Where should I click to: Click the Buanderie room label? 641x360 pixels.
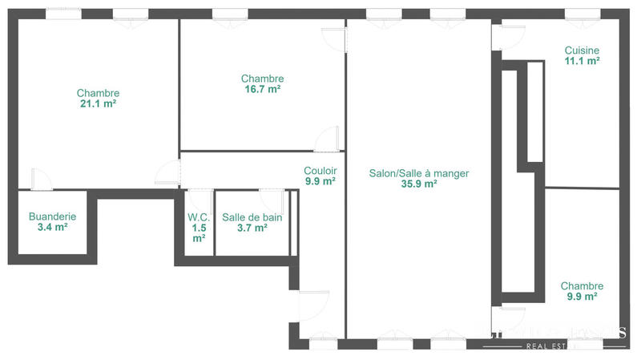coord(52,216)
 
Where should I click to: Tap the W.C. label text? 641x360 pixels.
coord(199,216)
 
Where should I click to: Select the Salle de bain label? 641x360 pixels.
coord(252,216)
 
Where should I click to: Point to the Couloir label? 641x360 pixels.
coord(320,171)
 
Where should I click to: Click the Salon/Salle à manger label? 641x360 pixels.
coord(419,173)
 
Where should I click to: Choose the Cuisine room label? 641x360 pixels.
coord(582,50)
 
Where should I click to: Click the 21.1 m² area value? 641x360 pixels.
coord(98,103)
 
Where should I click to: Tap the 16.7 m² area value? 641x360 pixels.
coord(262,89)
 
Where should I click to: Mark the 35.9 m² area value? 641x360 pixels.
coord(419,184)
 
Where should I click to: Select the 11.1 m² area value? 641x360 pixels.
coord(582,60)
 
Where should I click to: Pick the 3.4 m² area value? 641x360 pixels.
coord(52,227)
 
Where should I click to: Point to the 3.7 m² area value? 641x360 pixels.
coord(252,227)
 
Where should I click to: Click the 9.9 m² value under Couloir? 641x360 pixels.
coord(320,181)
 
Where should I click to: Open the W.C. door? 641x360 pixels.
coord(198,199)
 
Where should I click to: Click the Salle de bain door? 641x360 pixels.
coord(271,199)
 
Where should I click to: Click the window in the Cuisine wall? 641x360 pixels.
coord(577,14)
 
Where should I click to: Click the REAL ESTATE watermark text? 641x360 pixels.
coord(553,346)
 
